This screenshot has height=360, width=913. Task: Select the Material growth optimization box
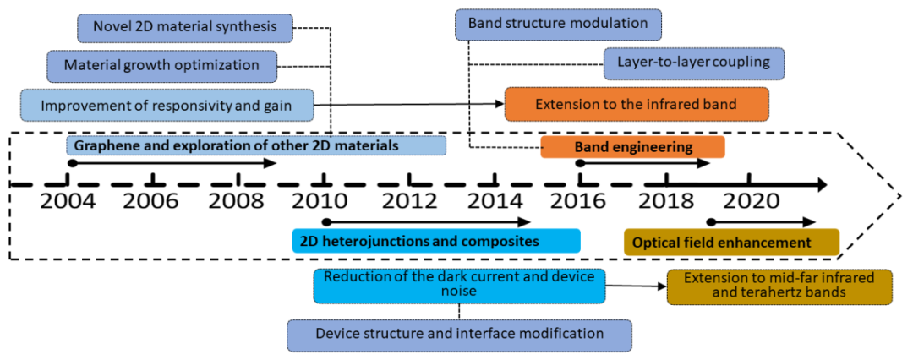pyautogui.click(x=161, y=65)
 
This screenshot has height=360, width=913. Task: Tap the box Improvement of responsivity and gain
pyautogui.click(x=167, y=106)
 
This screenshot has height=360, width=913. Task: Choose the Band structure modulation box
pyautogui.click(x=559, y=24)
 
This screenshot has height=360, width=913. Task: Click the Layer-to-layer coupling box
pyautogui.click(x=694, y=63)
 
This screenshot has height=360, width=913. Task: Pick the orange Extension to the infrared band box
pyautogui.click(x=637, y=104)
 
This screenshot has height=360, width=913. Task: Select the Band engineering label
pyautogui.click(x=633, y=147)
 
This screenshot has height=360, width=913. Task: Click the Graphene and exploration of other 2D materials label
pyautogui.click(x=256, y=145)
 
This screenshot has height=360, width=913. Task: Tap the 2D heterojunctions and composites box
pyautogui.click(x=436, y=241)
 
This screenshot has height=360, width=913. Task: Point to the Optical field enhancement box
pyautogui.click(x=731, y=242)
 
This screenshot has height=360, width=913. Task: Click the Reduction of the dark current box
pyautogui.click(x=459, y=286)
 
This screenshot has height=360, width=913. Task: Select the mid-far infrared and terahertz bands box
pyautogui.click(x=779, y=286)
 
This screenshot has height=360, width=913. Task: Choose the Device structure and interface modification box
pyautogui.click(x=459, y=335)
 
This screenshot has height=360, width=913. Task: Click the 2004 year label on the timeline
pyautogui.click(x=68, y=200)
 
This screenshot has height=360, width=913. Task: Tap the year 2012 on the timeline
pyautogui.click(x=410, y=200)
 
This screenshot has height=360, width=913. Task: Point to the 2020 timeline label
pyautogui.click(x=752, y=200)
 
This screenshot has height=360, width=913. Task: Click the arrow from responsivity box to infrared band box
pyautogui.click(x=409, y=104)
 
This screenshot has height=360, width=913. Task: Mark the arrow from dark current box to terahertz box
pyautogui.click(x=636, y=286)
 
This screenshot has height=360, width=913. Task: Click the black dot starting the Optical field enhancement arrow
pyautogui.click(x=710, y=222)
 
